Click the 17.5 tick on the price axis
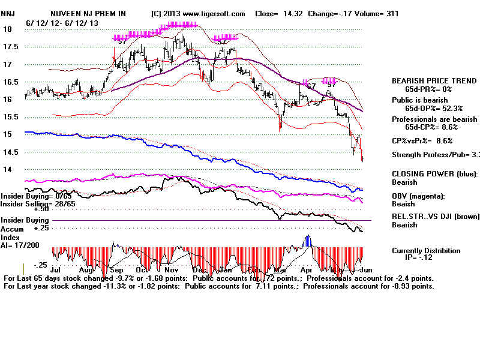coord(10,46)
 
